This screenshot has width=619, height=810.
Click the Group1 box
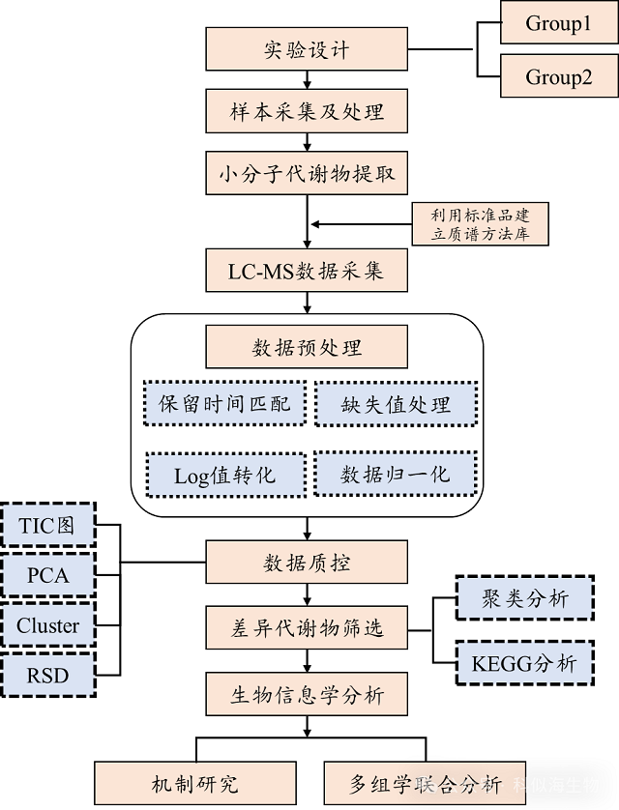coord(559,23)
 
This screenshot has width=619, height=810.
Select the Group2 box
coord(559,76)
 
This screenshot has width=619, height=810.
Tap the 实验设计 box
coord(307,49)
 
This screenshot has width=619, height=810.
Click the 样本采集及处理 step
coord(307,111)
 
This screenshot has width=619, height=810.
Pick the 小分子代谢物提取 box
coord(307,175)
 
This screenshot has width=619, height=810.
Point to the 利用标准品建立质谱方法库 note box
coord(481,224)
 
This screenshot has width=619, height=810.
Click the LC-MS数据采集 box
coord(307,271)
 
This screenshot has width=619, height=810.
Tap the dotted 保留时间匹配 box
coord(223,403)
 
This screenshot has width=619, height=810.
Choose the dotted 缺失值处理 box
coord(396,403)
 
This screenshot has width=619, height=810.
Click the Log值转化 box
coord(223,475)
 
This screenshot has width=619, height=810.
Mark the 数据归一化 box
coord(396,475)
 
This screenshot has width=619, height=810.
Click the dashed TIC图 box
coord(47,527)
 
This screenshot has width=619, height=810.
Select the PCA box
coord(47,576)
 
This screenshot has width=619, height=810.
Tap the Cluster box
coord(47,625)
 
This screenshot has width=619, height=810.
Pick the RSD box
coord(47,675)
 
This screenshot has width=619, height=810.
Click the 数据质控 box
coord(307,564)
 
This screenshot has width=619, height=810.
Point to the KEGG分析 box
coord(526,663)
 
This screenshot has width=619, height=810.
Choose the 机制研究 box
coord(194,784)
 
